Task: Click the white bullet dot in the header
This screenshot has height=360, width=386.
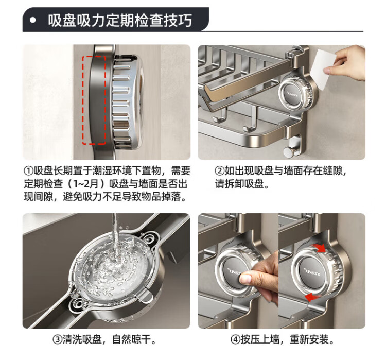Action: [33, 20]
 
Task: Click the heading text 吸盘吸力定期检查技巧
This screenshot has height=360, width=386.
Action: [120, 20]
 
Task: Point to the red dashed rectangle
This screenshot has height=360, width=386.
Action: [94, 100]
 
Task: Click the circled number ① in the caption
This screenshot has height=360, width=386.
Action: [29, 171]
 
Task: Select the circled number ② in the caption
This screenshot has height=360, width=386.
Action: [220, 171]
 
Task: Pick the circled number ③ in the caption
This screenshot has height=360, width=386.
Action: [57, 339]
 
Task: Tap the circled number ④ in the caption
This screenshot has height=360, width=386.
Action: [235, 339]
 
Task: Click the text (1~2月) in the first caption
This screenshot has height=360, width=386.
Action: [86, 184]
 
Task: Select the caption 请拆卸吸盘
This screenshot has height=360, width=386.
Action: [239, 184]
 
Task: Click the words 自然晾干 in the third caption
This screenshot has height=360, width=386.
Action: [131, 339]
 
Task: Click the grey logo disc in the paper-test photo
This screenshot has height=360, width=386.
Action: [293, 94]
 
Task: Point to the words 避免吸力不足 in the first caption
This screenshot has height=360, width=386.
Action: [87, 197]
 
